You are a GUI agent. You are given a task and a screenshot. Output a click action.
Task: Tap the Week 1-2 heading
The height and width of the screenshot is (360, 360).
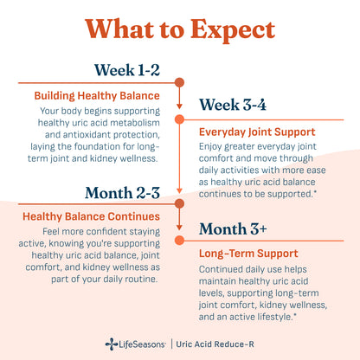tap(127, 70)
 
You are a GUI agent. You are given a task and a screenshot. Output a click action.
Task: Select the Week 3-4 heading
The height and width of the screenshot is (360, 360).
tap(233, 105)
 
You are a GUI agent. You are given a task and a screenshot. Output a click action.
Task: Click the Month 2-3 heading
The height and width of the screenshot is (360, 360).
tap(122, 193)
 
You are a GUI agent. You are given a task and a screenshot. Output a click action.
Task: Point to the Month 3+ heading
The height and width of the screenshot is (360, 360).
tap(233, 229)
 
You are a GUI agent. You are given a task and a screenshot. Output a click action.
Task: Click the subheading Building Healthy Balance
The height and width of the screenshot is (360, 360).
tap(97, 96)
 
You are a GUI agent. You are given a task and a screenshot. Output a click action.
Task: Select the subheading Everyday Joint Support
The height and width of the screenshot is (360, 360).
tap(257, 132)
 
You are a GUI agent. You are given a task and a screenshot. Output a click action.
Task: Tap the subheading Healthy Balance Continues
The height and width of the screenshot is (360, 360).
tap(91, 216)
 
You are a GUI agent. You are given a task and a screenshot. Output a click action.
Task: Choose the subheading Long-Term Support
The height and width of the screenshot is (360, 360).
tap(248, 254)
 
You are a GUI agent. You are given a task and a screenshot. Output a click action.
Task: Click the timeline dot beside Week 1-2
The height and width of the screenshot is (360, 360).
tap(179, 82)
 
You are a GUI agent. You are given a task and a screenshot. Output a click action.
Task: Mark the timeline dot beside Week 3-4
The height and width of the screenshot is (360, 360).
tap(179, 119)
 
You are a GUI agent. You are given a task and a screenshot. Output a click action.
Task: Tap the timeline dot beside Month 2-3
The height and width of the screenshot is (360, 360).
tap(179, 203)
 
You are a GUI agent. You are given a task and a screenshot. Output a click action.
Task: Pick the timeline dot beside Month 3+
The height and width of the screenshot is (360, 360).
tap(179, 240)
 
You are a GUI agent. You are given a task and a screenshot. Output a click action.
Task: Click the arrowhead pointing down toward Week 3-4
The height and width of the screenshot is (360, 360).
tap(179, 106)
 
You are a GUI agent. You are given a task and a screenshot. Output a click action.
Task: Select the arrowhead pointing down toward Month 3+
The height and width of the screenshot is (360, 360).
tap(179, 228)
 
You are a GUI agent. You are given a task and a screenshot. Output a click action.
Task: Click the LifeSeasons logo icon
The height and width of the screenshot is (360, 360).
tap(112, 344)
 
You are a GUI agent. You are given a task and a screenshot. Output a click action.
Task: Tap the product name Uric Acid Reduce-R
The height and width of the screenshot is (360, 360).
tap(215, 344)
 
